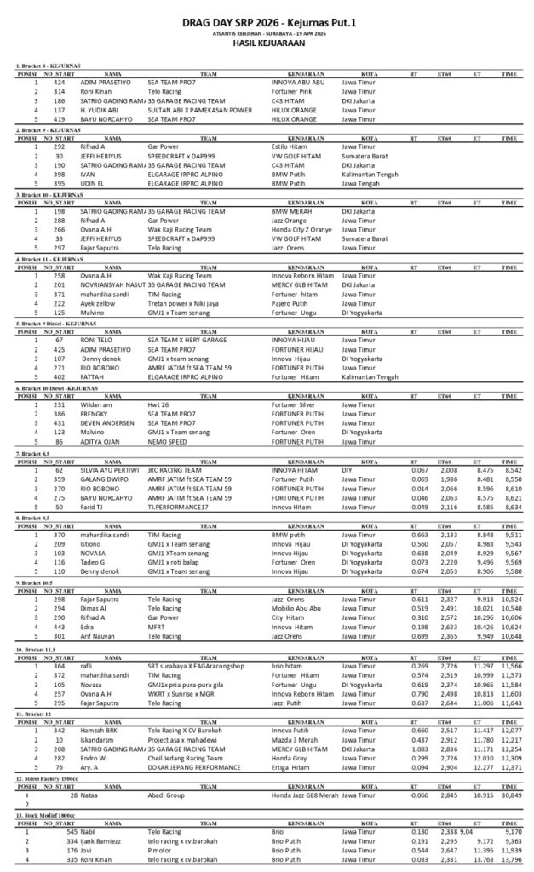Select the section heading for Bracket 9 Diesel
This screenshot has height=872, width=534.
point(56,324)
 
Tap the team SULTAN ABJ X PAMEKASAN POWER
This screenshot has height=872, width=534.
point(200,109)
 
